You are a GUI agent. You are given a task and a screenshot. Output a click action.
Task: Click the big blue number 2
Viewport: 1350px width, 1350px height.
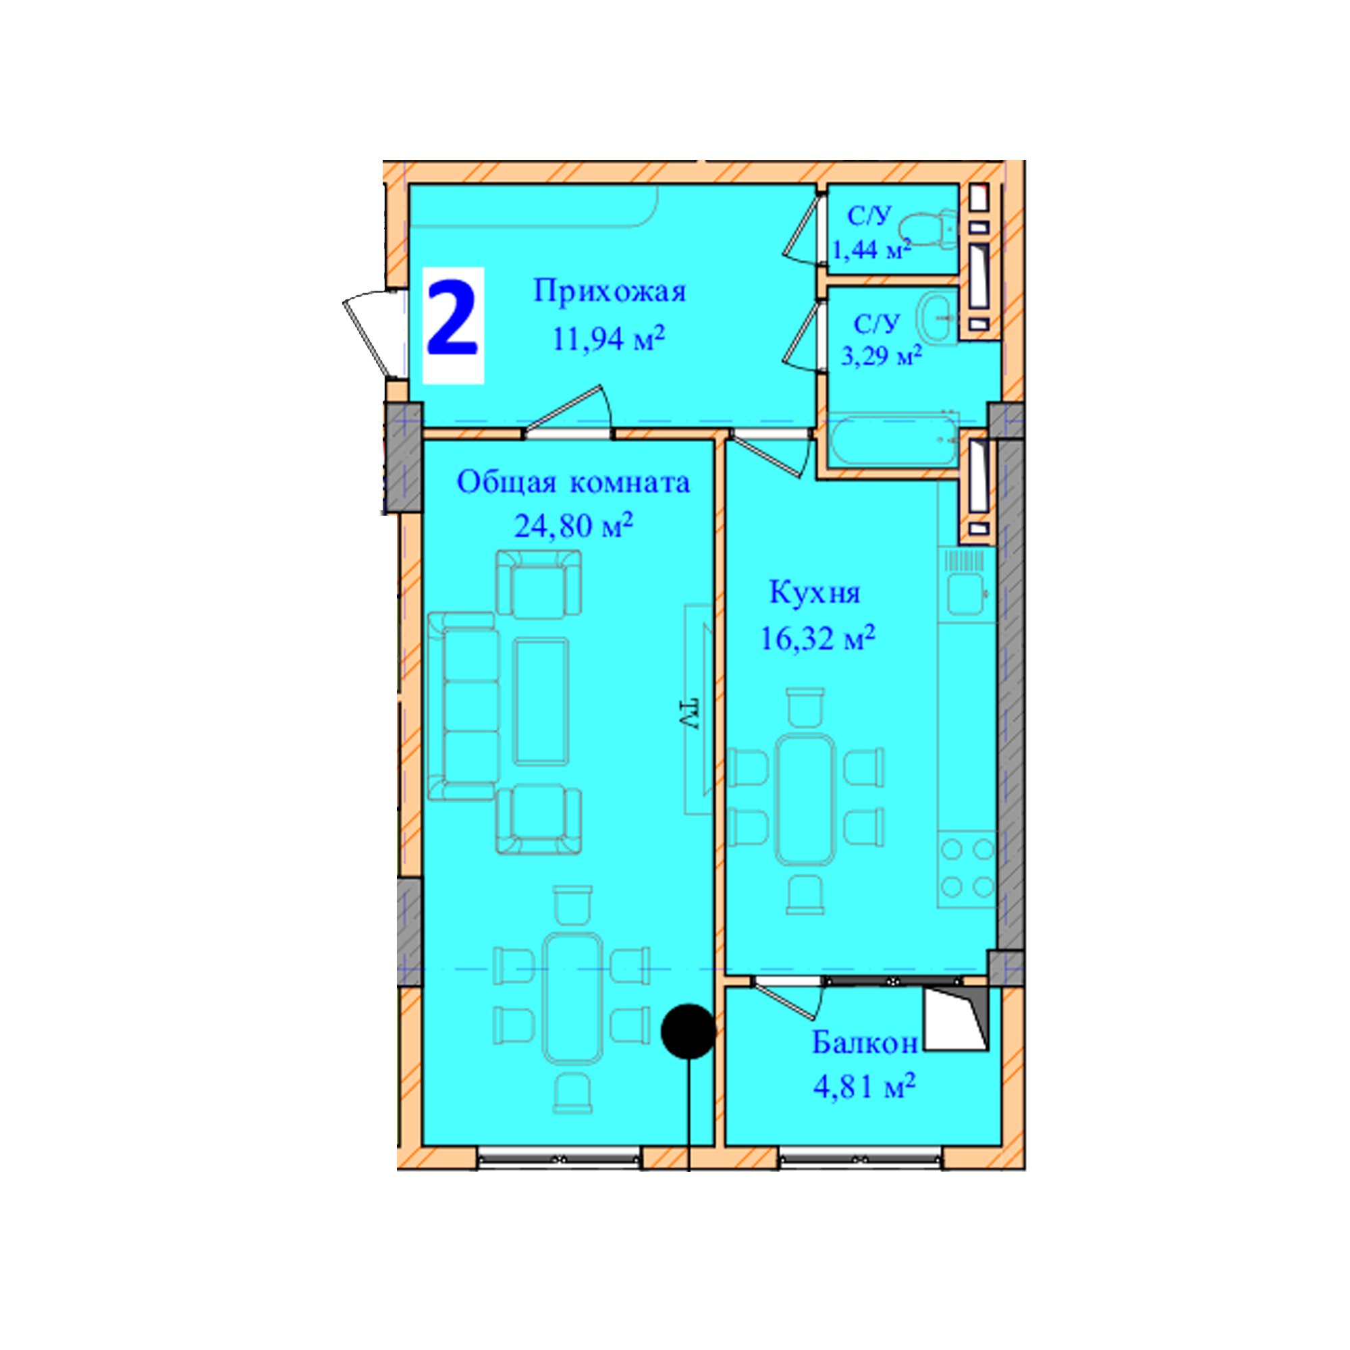click(x=452, y=317)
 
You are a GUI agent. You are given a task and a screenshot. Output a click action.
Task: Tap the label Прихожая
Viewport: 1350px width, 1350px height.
click(x=610, y=292)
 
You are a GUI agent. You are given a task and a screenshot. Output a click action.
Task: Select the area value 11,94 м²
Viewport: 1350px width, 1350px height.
click(x=608, y=338)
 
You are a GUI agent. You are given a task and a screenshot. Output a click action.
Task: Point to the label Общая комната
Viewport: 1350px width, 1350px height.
click(x=573, y=482)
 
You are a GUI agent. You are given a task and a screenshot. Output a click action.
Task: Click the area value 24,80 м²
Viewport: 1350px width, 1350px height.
click(x=574, y=525)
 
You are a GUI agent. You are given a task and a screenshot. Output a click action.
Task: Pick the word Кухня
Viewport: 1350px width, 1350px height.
click(x=814, y=593)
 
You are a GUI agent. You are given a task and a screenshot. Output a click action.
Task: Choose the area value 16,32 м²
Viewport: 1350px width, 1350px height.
click(x=817, y=637)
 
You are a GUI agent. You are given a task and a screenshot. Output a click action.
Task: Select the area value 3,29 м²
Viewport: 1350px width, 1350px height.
click(x=881, y=356)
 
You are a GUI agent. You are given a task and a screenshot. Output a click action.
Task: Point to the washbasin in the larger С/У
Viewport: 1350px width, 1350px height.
click(x=938, y=318)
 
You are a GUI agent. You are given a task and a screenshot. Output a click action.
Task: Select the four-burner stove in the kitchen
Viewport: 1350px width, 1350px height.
click(x=967, y=869)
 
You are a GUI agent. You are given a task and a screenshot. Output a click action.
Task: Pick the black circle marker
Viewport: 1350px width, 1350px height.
click(x=689, y=1030)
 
